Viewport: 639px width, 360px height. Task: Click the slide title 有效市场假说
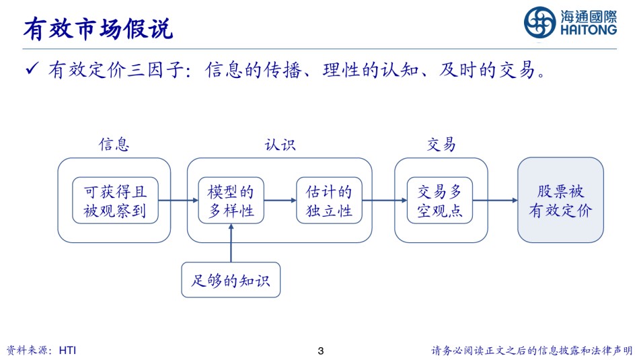[x=98, y=29]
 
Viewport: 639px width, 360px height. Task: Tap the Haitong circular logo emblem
[x=539, y=23]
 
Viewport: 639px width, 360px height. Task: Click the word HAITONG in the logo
[x=589, y=30]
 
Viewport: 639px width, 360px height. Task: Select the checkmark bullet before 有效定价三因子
[x=32, y=68]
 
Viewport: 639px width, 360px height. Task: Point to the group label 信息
[x=114, y=144]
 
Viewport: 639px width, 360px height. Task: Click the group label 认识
[x=280, y=144]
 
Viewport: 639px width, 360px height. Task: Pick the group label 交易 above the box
[x=441, y=144]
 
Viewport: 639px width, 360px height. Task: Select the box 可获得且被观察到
[x=115, y=200]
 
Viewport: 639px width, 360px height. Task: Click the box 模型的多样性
[x=231, y=200]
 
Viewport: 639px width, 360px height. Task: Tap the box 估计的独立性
[x=330, y=200]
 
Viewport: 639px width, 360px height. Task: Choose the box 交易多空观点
[x=440, y=200]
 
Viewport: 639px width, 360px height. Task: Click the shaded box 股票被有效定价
[x=560, y=200]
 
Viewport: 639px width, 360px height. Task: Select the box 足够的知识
[x=231, y=280]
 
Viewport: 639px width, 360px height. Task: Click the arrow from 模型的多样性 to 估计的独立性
[x=280, y=200]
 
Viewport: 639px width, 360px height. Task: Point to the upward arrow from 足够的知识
[x=231, y=243]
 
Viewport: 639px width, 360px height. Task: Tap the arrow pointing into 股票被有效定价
[x=495, y=200]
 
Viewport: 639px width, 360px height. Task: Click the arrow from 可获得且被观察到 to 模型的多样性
[x=178, y=200]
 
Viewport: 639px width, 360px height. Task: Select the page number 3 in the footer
[x=321, y=351]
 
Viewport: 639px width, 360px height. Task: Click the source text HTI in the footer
[x=68, y=350]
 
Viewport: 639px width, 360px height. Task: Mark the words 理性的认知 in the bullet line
[x=371, y=70]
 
